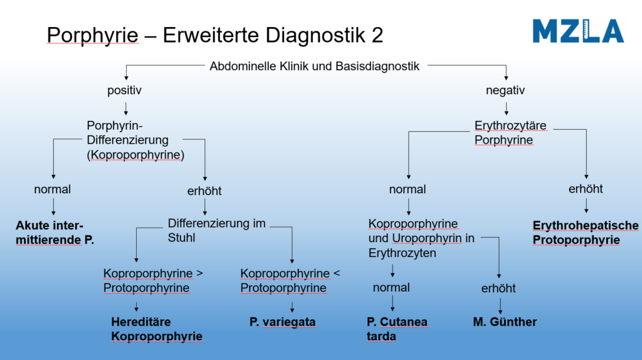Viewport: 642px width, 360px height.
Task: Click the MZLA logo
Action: [x=578, y=31]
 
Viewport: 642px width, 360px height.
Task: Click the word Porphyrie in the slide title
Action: [x=93, y=35]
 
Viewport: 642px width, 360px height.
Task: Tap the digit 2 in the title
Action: [x=377, y=35]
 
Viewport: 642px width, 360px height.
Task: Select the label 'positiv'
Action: [x=125, y=90]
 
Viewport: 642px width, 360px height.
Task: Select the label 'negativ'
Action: [x=505, y=90]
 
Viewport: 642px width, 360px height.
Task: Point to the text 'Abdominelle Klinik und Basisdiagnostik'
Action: [x=315, y=66]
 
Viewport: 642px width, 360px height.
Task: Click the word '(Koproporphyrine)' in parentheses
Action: [x=135, y=155]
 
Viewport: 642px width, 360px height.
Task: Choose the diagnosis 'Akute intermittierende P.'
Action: [x=55, y=233]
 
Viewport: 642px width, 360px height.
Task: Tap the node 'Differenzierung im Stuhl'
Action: [x=216, y=230]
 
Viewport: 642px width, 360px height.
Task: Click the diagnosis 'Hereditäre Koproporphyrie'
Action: [x=157, y=329]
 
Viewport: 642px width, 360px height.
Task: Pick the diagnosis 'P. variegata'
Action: [x=283, y=322]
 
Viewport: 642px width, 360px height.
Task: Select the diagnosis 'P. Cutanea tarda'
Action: [x=397, y=329]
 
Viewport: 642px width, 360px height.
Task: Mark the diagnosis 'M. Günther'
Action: [x=505, y=322]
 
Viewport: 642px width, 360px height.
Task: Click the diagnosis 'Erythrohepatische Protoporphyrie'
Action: [x=586, y=233]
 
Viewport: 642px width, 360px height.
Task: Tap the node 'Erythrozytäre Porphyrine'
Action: [x=510, y=133]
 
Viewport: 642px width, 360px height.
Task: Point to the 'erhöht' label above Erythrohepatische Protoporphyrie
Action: [x=586, y=189]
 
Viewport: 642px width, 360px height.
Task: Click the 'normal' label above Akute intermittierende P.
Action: [x=53, y=189]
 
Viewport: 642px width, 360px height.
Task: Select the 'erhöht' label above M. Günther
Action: [x=498, y=289]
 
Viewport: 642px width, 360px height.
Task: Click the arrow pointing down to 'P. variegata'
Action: [x=292, y=307]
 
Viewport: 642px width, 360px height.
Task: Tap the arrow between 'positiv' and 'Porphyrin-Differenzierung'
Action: [x=125, y=109]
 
